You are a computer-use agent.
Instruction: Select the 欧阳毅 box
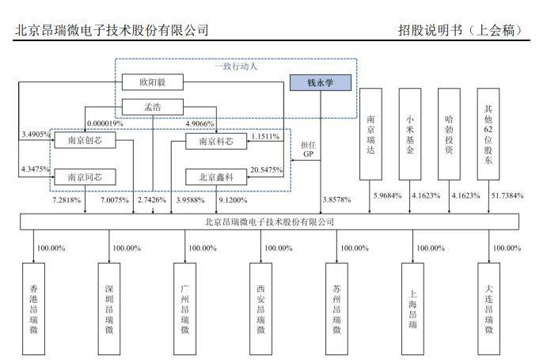pos(153,82)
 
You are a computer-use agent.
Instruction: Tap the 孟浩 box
pos(153,107)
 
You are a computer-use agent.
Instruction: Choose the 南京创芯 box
pos(85,141)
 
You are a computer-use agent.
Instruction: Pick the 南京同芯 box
pos(85,177)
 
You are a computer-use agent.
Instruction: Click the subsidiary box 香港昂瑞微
pos(33,307)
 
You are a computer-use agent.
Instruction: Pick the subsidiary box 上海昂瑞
pos(412,307)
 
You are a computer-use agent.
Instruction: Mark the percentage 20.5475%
pos(266,169)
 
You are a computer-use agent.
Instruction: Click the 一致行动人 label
pos(237,66)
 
